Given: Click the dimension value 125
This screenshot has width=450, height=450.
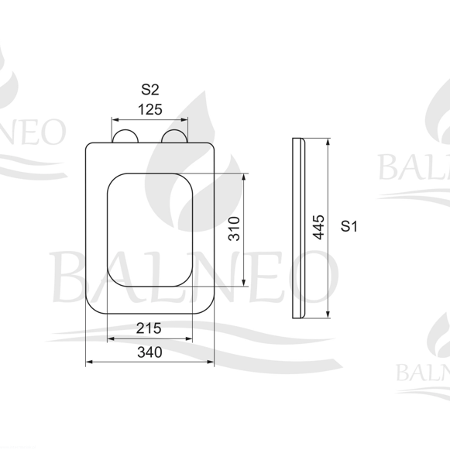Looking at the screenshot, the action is pyautogui.click(x=150, y=109).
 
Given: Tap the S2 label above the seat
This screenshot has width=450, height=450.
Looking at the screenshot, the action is pyautogui.click(x=149, y=90).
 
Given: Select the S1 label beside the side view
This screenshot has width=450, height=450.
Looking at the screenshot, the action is pyautogui.click(x=349, y=226).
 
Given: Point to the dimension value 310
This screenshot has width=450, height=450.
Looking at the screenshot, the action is pyautogui.click(x=234, y=228).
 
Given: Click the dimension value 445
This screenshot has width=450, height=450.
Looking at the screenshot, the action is pyautogui.click(x=318, y=227).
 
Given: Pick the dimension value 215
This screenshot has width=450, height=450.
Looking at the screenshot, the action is pyautogui.click(x=149, y=328).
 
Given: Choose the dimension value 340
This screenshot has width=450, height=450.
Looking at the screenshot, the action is pyautogui.click(x=149, y=352).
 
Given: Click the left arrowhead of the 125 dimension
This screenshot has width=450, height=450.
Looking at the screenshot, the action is pyautogui.click(x=115, y=120).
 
